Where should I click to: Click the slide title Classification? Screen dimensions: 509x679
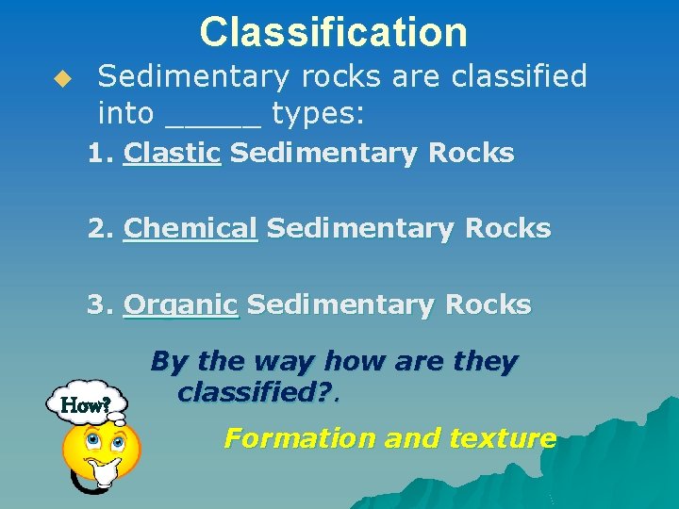coord(333,32)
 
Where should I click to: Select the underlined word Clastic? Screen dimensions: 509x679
coord(172,153)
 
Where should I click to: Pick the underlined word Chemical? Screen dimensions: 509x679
coord(190,228)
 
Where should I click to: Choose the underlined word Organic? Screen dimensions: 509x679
coord(181,305)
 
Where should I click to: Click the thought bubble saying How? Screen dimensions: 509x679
coord(86,405)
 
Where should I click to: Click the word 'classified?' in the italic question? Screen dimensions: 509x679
coord(257,392)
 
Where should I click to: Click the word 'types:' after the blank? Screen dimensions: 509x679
coord(318,114)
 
